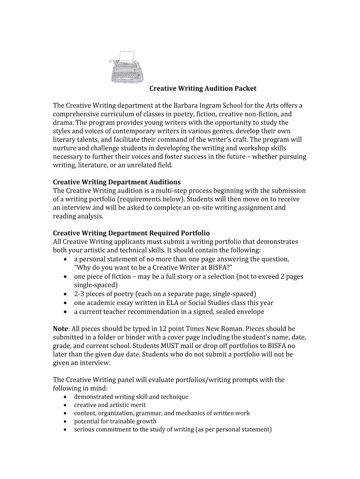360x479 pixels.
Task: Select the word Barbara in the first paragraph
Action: pyautogui.click(x=187, y=105)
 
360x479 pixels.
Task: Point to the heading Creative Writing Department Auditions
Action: pyautogui.click(x=116, y=182)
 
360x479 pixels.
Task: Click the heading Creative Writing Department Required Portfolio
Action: pyautogui.click(x=131, y=233)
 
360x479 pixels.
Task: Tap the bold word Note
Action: pyautogui.click(x=61, y=329)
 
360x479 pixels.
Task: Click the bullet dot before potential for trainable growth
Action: pyautogui.click(x=65, y=421)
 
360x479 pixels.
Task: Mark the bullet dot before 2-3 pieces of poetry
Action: pyautogui.click(x=65, y=294)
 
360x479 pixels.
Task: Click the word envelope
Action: pyautogui.click(x=250, y=312)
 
